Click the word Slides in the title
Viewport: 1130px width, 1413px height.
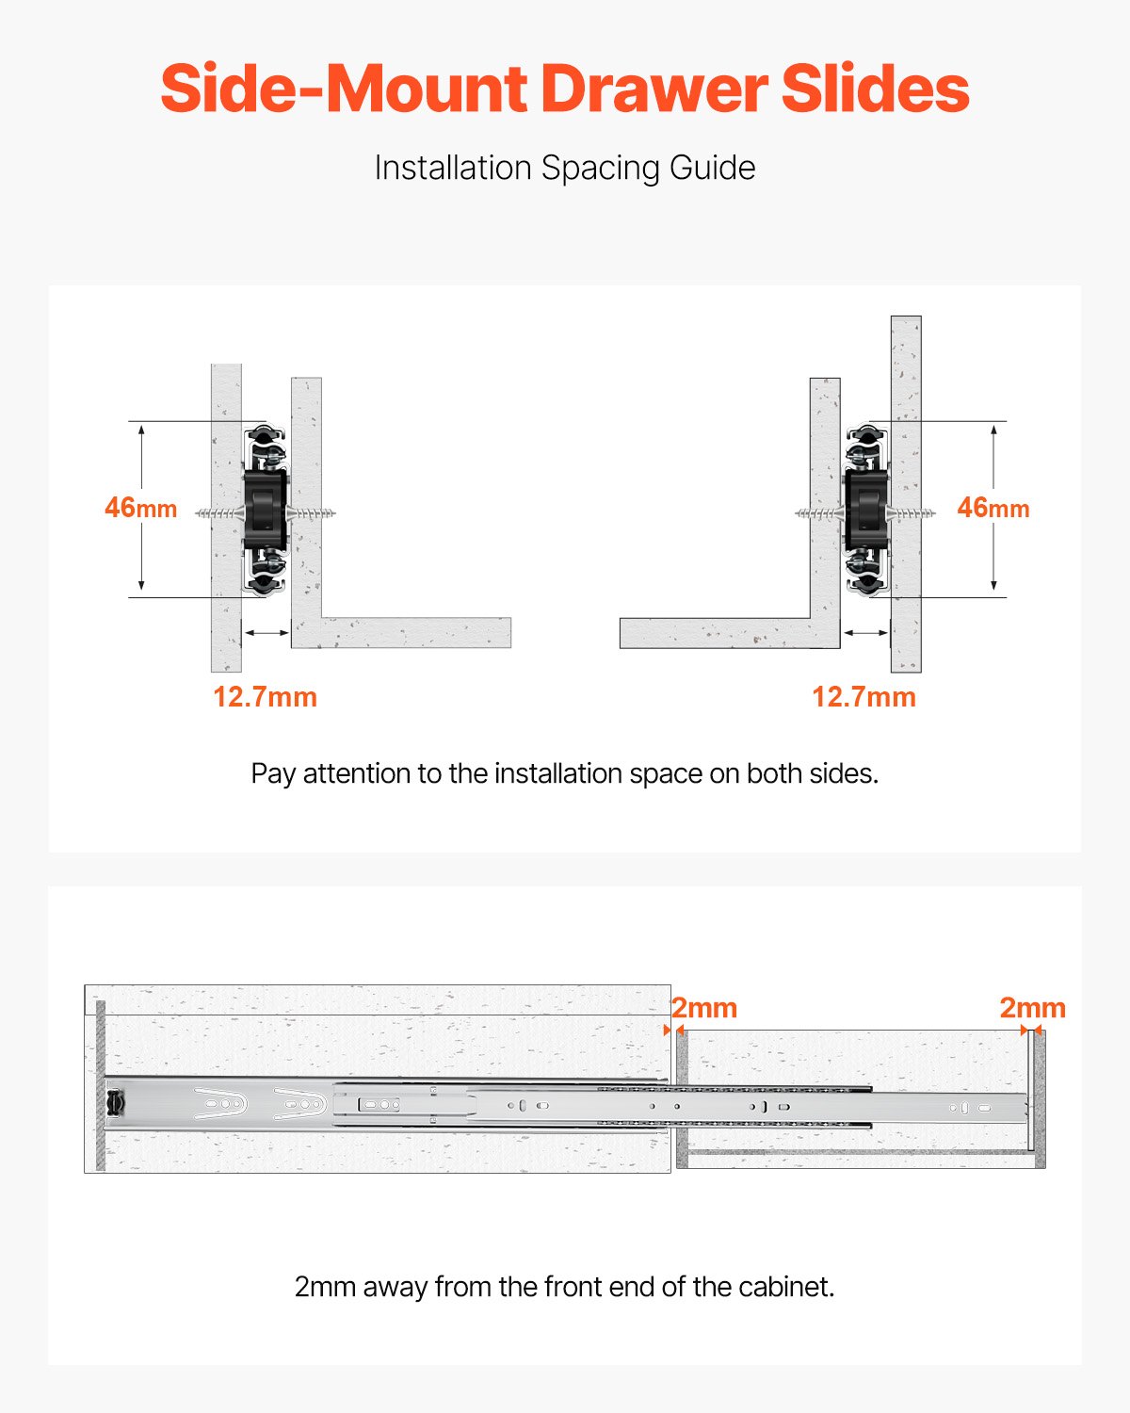pos(875,89)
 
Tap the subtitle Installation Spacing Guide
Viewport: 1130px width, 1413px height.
pos(564,168)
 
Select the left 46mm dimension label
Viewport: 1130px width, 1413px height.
pos(140,508)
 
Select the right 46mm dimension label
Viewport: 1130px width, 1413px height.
pos(993,508)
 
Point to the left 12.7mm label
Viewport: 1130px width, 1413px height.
pos(265,697)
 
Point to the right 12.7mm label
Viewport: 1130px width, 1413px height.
pos(864,697)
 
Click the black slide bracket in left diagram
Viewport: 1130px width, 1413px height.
pos(265,510)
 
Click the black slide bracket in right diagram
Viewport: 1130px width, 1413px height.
pos(865,510)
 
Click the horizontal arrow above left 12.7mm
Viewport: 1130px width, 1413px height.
pos(266,633)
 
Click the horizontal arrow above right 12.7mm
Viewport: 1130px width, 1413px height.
pos(865,633)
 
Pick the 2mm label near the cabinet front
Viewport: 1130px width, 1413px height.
pos(704,1008)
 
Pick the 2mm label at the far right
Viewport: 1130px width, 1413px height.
pos(1032,1008)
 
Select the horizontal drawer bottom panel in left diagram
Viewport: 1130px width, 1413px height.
pos(414,633)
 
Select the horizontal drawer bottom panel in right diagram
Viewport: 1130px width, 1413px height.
pos(716,633)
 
